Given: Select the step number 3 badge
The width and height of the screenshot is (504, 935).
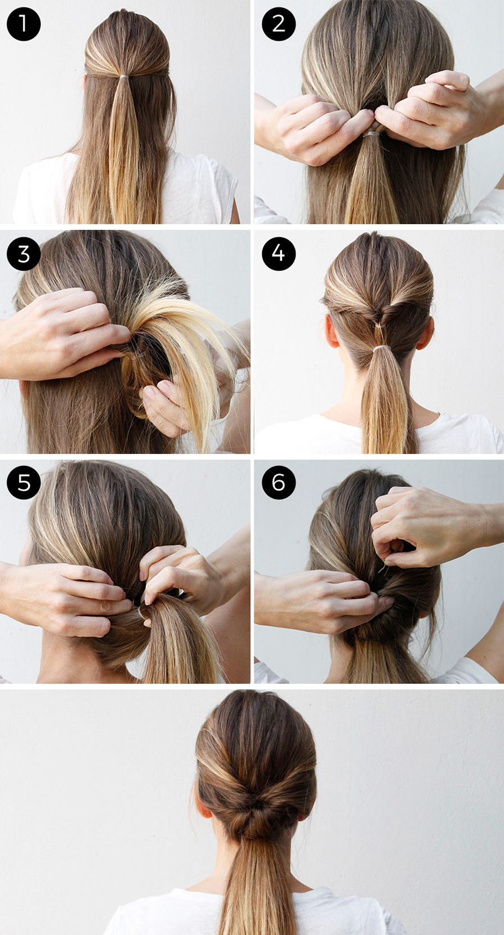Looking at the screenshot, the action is tap(24, 254).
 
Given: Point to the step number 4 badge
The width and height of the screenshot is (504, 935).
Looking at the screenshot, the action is tap(279, 254).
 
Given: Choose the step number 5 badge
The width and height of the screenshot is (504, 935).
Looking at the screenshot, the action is tap(24, 483).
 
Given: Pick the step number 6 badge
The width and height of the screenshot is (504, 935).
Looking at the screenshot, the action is tap(279, 483).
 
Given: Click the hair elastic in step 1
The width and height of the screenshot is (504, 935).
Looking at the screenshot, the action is tap(124, 77).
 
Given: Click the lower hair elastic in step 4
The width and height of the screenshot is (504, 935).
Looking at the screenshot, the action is tap(379, 348).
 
